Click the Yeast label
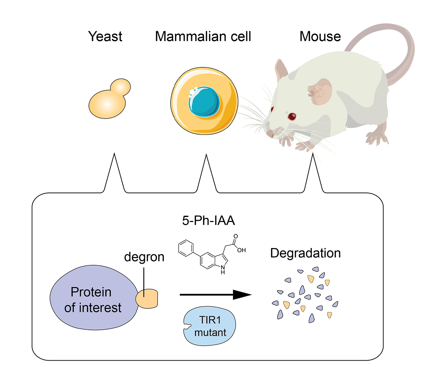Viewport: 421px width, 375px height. click(x=105, y=36)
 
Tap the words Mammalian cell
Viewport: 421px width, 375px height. click(x=203, y=36)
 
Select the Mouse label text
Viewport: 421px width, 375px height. click(x=320, y=36)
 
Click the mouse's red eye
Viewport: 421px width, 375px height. click(x=292, y=116)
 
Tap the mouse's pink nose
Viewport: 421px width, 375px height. click(x=269, y=134)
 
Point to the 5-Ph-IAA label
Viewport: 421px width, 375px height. click(x=208, y=220)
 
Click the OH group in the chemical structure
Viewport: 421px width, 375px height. click(x=241, y=250)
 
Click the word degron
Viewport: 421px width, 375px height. click(x=144, y=257)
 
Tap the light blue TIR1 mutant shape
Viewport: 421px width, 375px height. click(x=210, y=326)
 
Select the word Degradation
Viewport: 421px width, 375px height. click(x=305, y=253)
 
